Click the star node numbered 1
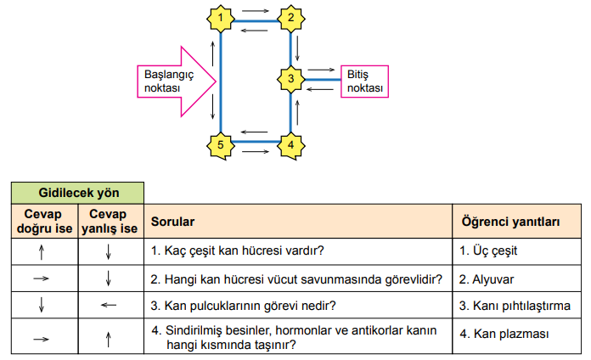221,17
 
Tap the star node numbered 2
291,17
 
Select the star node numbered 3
291,79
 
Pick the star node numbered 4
291,144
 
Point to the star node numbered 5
221,144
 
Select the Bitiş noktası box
364,82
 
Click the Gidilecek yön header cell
77,193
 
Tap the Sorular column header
173,222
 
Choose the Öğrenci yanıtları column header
509,222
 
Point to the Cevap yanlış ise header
110,222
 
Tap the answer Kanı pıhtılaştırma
515,306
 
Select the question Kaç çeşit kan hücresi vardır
239,251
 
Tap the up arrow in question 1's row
41,252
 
